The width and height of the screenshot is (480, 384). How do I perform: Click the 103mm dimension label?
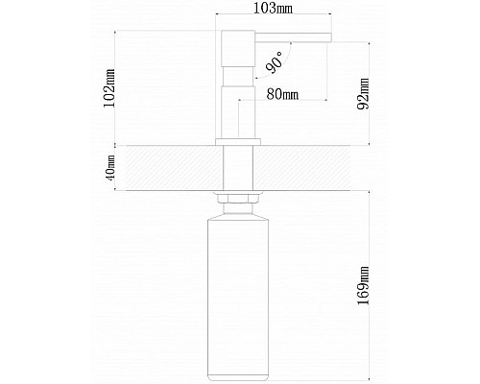click(273, 9)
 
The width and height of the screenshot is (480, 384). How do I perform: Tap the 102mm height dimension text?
click(109, 88)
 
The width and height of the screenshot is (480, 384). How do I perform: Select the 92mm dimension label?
click(363, 93)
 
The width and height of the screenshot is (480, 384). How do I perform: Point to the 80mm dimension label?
click(282, 94)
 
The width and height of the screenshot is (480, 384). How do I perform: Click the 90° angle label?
click(275, 62)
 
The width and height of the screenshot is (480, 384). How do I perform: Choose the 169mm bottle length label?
click(363, 286)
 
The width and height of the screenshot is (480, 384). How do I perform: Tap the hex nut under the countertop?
click(238, 199)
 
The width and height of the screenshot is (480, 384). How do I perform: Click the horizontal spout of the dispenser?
click(293, 37)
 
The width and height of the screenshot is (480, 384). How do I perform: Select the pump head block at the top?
click(238, 49)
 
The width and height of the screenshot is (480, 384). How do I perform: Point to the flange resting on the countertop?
click(238, 142)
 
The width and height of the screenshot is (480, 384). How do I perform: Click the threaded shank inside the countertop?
click(238, 168)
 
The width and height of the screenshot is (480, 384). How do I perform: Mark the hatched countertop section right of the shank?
click(301, 168)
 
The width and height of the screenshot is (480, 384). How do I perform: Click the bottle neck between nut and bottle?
click(238, 209)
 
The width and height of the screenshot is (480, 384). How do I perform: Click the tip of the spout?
click(331, 37)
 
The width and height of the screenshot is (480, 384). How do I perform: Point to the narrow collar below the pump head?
click(238, 77)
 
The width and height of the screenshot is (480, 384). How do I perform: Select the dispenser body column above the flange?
click(238, 112)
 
